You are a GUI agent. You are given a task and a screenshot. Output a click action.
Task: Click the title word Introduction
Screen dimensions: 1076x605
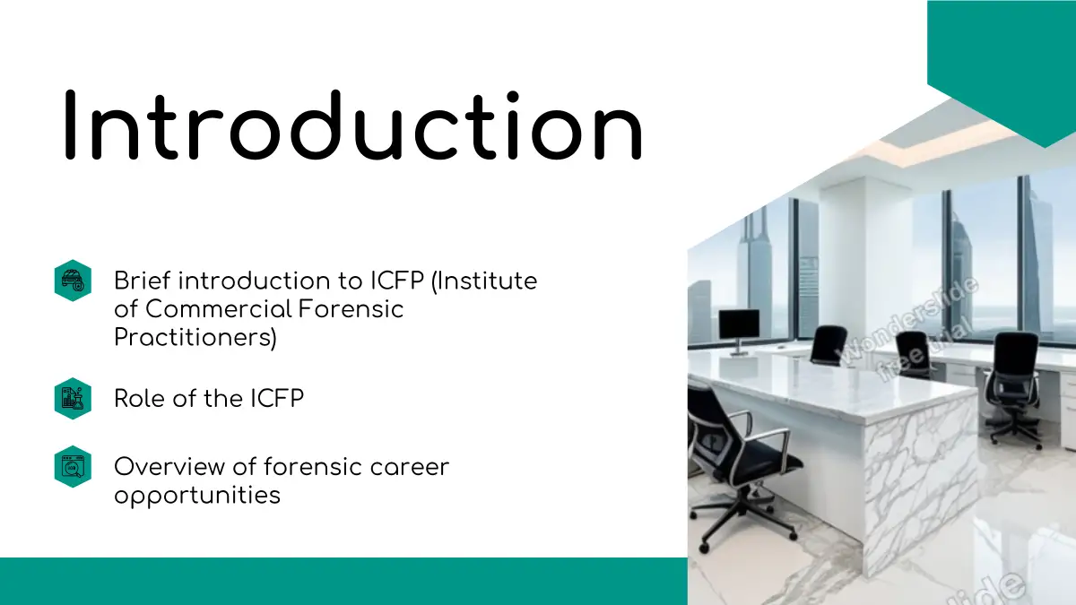pyautogui.click(x=353, y=125)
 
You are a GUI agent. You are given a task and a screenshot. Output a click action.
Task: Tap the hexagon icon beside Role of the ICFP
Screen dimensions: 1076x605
pyautogui.click(x=73, y=399)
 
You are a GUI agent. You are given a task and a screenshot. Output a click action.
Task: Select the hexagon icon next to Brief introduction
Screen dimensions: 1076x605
pyautogui.click(x=73, y=281)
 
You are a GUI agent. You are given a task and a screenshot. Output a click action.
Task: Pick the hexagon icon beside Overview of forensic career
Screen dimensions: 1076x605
pyautogui.click(x=73, y=467)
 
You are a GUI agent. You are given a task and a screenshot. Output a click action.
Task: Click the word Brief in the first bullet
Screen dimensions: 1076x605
pyautogui.click(x=143, y=281)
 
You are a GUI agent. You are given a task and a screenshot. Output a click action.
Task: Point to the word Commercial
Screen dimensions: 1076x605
pyautogui.click(x=219, y=308)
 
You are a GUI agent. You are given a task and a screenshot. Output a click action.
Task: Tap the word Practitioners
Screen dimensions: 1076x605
pyautogui.click(x=195, y=337)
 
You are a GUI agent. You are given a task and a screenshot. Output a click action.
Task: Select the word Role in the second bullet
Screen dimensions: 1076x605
pyautogui.click(x=139, y=399)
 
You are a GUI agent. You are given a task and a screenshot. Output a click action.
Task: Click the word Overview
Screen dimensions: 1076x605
pyautogui.click(x=169, y=467)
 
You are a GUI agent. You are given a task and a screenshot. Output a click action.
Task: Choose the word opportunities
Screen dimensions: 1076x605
pyautogui.click(x=197, y=496)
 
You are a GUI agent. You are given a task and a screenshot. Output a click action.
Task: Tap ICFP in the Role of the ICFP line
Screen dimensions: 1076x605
pyautogui.click(x=277, y=399)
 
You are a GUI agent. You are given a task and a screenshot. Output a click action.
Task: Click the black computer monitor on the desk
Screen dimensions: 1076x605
pyautogui.click(x=739, y=326)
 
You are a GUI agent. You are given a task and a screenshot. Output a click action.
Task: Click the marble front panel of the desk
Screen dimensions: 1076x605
pyautogui.click(x=921, y=480)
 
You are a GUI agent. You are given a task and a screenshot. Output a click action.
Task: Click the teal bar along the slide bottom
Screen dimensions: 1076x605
pyautogui.click(x=343, y=581)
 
